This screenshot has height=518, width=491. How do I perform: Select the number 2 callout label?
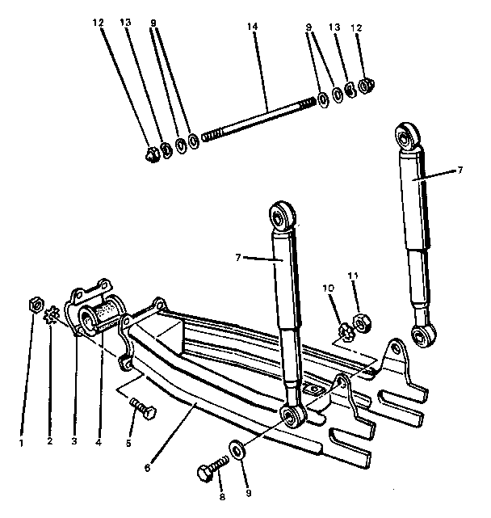[50, 443]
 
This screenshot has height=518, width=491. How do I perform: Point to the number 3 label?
[73, 443]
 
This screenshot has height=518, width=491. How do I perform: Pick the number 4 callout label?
[98, 443]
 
